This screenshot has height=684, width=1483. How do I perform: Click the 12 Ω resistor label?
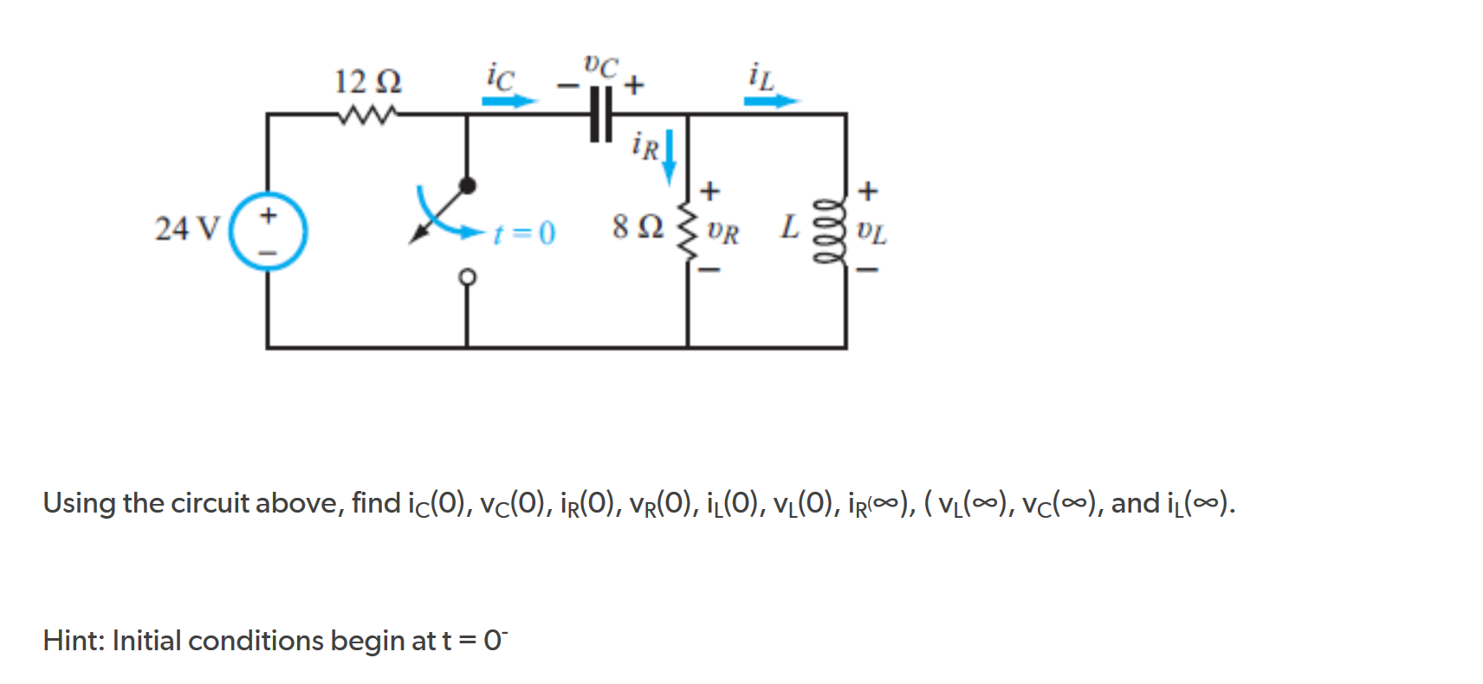(368, 82)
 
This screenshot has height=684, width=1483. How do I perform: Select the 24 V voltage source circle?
(269, 232)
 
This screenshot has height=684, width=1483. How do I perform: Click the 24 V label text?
(187, 229)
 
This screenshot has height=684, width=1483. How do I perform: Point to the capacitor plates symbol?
(600, 114)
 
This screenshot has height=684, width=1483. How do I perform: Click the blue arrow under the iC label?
(509, 101)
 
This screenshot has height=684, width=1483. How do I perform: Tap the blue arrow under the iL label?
(771, 101)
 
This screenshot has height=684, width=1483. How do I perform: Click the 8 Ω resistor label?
(638, 228)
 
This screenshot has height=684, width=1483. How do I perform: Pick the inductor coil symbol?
(828, 232)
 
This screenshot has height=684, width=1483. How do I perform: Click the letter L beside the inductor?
(789, 228)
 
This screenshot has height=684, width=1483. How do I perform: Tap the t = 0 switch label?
(524, 233)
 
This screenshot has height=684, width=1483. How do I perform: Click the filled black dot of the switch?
(468, 185)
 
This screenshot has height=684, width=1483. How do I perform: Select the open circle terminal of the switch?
(468, 277)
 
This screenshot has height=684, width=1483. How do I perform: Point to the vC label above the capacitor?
(601, 66)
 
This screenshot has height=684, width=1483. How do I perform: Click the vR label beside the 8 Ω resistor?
(723, 232)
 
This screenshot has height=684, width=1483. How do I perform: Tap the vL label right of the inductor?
(871, 232)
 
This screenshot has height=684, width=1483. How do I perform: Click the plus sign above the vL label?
(867, 190)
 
